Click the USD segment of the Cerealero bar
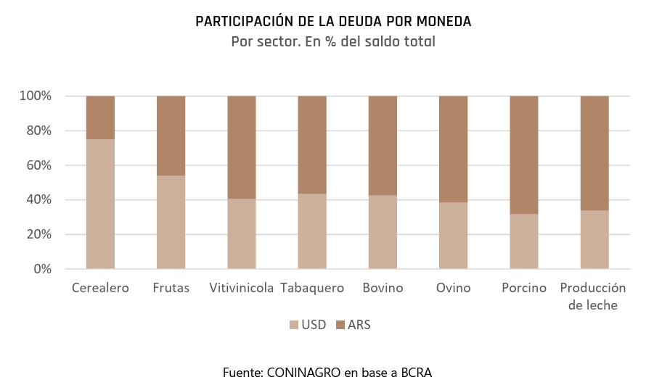tap(100, 204)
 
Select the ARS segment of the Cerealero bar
tap(100, 117)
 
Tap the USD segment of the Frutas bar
tap(171, 222)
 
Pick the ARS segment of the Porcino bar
tap(524, 154)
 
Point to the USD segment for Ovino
tap(454, 236)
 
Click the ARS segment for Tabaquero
tap(312, 145)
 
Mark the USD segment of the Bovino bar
tap(383, 232)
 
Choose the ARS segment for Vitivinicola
tap(242, 148)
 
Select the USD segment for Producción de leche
tap(594, 239)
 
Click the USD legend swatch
tap(294, 325)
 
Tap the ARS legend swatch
tap(340, 325)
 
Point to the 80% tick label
tap(39, 131)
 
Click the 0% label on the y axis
tap(43, 268)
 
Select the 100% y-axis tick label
tap(36, 96)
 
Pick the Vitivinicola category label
tap(242, 288)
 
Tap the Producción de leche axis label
tap(593, 296)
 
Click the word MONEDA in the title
tap(444, 21)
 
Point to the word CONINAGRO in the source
tap(303, 373)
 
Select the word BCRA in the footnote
tap(416, 373)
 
